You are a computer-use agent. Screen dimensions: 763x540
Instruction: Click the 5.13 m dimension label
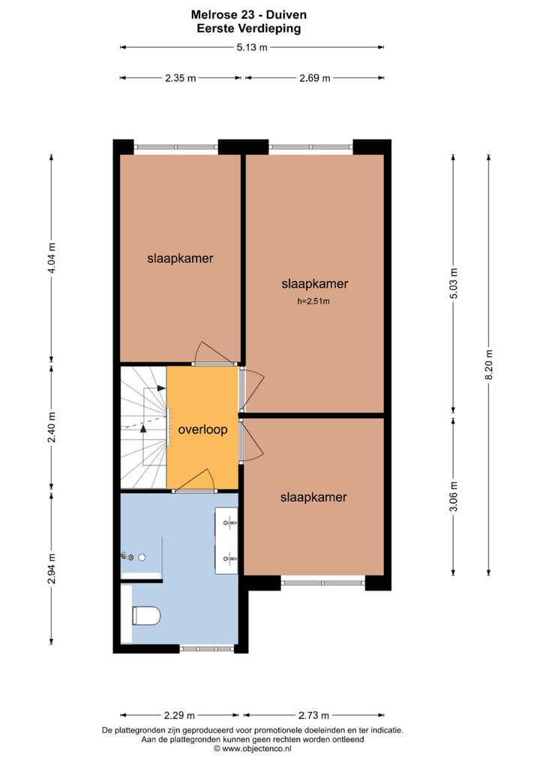252,47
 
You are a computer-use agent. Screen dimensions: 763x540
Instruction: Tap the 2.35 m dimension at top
181,78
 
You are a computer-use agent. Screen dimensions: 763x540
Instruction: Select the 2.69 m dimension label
314,78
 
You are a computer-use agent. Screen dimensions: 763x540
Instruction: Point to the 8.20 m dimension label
489,365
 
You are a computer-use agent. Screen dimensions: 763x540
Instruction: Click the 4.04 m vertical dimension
52,258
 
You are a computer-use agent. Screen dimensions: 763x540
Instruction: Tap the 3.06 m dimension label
453,495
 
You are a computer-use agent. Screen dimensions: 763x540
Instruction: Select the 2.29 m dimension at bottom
180,714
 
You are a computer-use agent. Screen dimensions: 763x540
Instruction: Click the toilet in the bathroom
145,616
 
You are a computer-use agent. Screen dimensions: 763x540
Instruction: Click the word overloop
202,430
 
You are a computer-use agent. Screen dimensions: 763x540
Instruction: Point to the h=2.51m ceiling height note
313,302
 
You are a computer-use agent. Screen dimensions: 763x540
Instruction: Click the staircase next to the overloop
142,427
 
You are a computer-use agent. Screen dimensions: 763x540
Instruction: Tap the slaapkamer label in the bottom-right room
313,497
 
